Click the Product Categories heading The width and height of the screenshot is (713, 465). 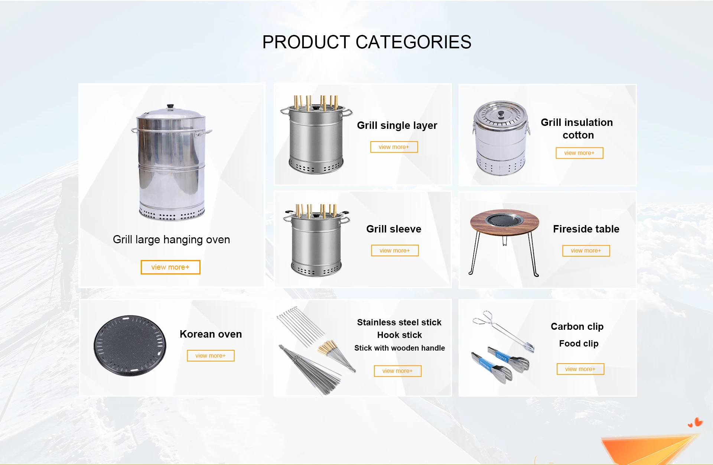point(367,42)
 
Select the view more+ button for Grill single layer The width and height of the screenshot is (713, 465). point(394,147)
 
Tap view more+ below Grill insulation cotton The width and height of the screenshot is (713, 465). point(579,153)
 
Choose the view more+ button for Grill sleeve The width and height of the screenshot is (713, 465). point(395,251)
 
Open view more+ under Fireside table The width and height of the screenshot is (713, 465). point(586,251)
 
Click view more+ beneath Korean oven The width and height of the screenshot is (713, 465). point(211,356)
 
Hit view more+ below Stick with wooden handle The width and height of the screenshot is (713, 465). point(398,371)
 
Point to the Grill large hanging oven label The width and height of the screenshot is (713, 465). point(171,240)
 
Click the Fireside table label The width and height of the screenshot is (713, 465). point(586,229)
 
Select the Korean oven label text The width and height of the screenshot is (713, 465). point(211,334)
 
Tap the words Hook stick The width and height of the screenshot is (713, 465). point(400,335)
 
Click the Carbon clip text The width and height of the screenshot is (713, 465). point(577,326)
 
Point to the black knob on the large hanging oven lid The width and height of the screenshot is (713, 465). point(170,107)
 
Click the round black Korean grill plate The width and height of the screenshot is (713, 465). point(130,345)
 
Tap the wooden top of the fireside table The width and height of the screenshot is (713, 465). point(504,222)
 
